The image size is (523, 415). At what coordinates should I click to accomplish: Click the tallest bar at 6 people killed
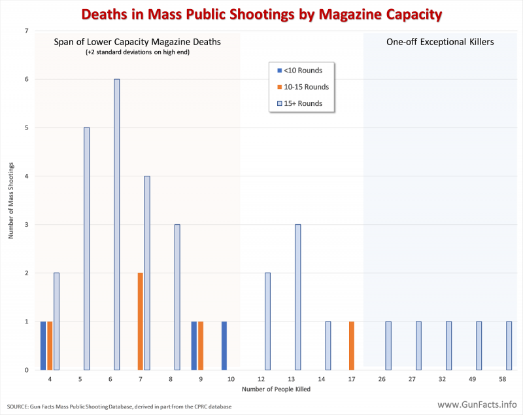(116, 224)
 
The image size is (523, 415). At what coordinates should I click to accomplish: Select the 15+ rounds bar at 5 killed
(86, 248)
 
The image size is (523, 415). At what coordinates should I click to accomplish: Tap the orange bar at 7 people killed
(140, 321)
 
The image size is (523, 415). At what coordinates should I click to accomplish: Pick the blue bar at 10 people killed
(224, 345)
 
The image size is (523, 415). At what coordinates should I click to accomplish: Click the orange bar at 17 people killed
(351, 345)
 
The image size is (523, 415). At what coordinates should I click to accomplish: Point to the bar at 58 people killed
(509, 345)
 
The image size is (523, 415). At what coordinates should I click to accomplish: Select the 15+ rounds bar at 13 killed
(297, 297)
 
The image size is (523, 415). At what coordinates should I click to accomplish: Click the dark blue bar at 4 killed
(43, 345)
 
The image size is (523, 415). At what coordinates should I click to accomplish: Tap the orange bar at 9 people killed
(201, 345)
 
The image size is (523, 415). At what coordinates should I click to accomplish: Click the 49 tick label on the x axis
(479, 378)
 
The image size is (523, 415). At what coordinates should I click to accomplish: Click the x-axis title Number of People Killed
(276, 390)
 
